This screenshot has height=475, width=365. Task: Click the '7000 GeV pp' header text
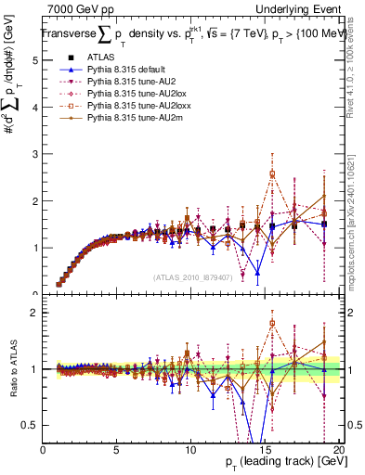click(x=80, y=8)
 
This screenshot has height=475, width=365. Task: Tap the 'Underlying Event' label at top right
click(x=303, y=8)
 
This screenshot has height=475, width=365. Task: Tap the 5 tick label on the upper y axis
click(x=35, y=59)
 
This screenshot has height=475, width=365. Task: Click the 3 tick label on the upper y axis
click(x=35, y=154)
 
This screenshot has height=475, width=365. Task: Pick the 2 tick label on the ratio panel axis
click(x=35, y=313)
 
